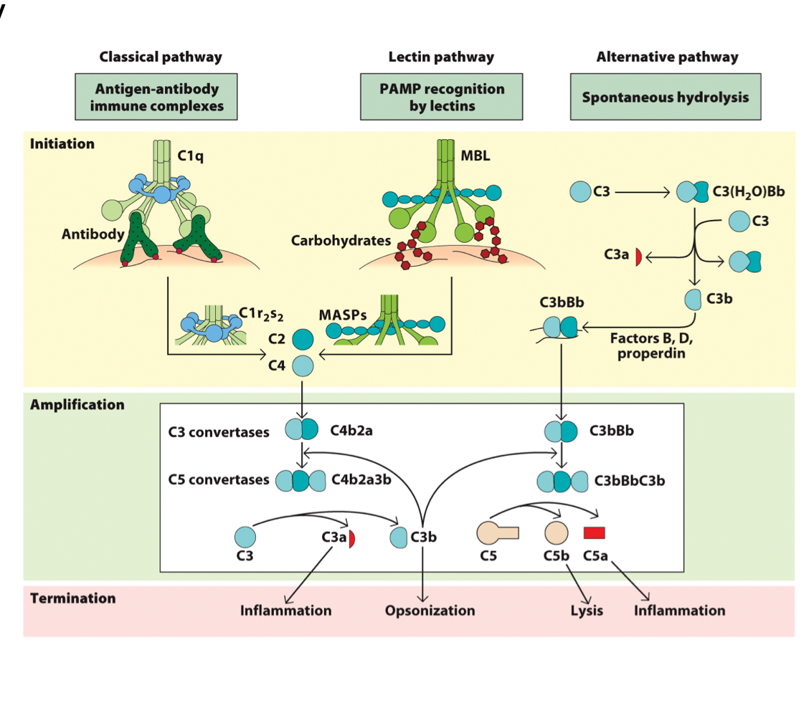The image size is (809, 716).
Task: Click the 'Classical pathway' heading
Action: point(161,57)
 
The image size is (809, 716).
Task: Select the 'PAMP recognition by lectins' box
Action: point(441,97)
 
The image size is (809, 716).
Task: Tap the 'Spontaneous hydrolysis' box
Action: point(666,97)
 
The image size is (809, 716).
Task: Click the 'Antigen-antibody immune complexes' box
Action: point(156,97)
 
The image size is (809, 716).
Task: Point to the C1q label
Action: point(190,155)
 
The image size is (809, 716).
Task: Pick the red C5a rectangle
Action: point(595,533)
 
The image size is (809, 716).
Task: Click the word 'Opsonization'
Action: point(430,611)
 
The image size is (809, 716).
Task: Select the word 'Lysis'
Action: point(587,611)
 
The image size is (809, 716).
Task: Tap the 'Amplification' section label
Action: point(77,405)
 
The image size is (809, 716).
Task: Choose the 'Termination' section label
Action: point(72,598)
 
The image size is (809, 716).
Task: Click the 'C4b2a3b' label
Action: point(361,479)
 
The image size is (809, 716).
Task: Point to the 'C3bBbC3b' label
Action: point(629,480)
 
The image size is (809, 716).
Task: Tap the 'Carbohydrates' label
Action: point(341,241)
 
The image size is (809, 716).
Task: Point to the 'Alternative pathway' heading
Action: point(667,57)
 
